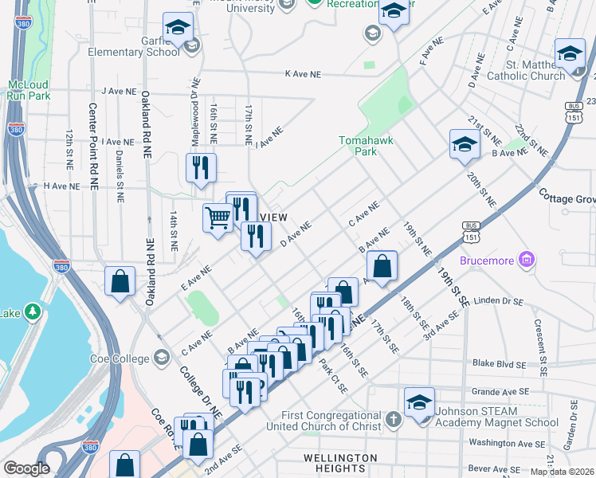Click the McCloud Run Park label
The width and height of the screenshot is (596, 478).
29,89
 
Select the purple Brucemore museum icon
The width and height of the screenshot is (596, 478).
525,260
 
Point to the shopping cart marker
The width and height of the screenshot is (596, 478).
218,217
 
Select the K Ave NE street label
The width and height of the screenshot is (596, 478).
303,73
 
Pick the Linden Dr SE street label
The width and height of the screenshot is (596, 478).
498,302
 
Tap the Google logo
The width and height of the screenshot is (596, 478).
26,468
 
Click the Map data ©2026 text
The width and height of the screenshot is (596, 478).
562,472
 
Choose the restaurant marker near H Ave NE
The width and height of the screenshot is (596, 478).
202,167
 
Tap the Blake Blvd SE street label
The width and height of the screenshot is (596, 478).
497,365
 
